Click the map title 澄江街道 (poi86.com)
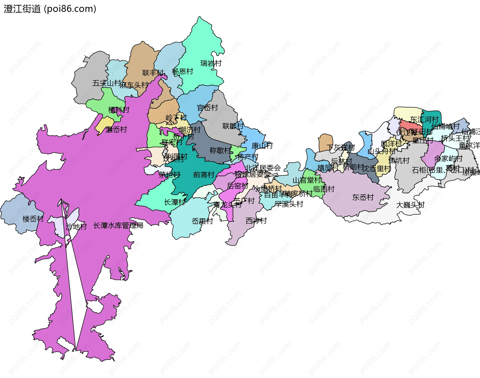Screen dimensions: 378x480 (50, 9)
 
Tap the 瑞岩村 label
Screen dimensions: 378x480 (211, 63)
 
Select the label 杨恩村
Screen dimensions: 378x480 (182, 72)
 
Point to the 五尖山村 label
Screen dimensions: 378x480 (106, 83)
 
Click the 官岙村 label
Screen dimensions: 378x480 (207, 108)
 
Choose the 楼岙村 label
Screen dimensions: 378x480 (33, 219)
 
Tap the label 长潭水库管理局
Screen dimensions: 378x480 (118, 226)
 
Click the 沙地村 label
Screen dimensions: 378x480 (76, 227)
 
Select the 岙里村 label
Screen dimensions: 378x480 (202, 221)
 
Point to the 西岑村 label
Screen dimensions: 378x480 (256, 221)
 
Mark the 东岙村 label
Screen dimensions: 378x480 (363, 198)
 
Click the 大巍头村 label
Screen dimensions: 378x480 (410, 205)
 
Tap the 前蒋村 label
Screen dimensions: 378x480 (204, 175)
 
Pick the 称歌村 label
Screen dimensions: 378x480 (220, 150)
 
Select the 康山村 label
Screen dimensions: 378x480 (262, 146)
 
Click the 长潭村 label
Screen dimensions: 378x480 (174, 202)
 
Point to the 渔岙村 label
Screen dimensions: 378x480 (116, 130)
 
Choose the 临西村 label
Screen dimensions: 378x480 (324, 189)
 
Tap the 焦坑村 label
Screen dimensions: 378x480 (399, 161)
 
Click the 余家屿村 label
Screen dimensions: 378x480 (448, 159)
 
